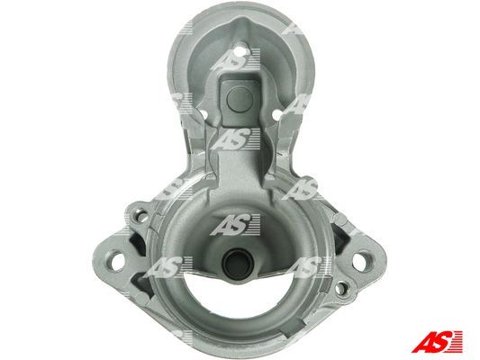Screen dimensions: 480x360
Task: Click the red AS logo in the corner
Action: tap(437, 341)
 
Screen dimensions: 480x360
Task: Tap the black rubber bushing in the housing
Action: tap(238, 263)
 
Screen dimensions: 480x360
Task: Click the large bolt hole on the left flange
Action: tap(117, 262)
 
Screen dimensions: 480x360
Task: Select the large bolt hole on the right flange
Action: tap(360, 262)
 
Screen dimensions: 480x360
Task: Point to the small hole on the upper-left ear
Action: tap(142, 216)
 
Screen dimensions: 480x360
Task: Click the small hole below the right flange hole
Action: tap(340, 288)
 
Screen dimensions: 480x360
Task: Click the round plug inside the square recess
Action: tap(240, 98)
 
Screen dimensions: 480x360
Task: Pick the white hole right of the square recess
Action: tap(276, 115)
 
